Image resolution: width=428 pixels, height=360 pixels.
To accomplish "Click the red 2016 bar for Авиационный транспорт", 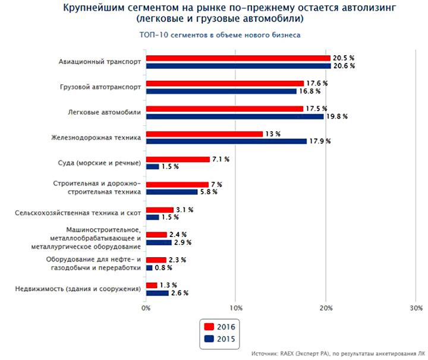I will click(x=238, y=58).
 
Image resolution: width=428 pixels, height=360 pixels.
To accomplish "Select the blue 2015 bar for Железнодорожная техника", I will click(x=226, y=141).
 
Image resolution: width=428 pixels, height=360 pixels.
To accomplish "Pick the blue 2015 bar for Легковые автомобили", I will click(x=234, y=116).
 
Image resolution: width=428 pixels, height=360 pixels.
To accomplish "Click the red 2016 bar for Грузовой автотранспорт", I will click(x=225, y=84).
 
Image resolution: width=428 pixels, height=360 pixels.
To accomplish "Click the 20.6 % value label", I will click(x=344, y=66).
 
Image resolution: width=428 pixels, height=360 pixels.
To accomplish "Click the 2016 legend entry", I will click(x=220, y=326).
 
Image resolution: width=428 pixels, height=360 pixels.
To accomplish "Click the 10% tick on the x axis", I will click(x=236, y=308).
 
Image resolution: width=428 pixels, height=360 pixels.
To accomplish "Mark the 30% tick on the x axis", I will click(x=417, y=308).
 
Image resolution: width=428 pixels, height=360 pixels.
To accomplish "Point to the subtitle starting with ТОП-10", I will click(x=219, y=35).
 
